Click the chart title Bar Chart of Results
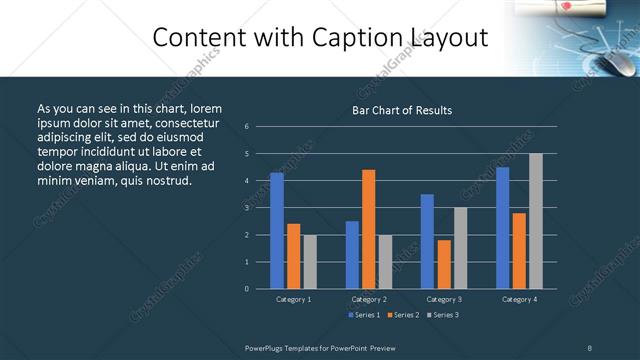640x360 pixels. click(402, 110)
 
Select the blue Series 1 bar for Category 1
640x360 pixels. click(277, 231)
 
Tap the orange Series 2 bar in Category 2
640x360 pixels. click(369, 229)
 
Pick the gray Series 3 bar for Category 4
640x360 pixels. click(536, 221)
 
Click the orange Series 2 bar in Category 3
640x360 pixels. click(444, 264)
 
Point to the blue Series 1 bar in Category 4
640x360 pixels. click(503, 228)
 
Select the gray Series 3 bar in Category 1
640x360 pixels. click(310, 262)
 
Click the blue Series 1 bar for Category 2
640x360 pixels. click(352, 255)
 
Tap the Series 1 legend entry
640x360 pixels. click(364, 315)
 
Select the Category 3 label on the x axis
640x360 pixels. click(444, 299)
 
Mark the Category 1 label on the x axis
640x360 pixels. click(293, 299)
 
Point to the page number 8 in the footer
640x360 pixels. click(590, 347)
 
